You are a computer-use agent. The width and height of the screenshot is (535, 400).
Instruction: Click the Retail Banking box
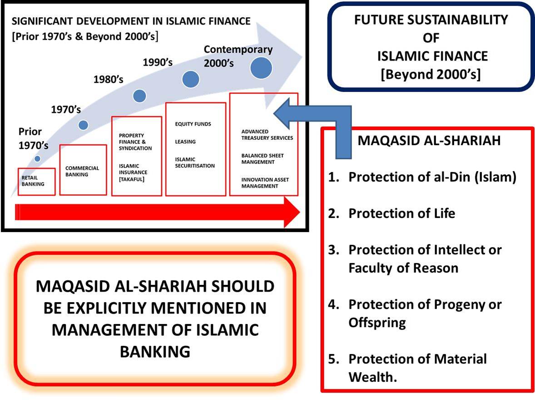[36, 182]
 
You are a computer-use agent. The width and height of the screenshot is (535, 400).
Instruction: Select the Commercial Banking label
[82, 171]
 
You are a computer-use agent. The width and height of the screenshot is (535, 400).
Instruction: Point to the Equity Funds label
[193, 124]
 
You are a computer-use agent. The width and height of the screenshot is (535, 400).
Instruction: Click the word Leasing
[185, 142]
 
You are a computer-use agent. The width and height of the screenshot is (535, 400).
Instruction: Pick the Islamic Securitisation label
[195, 162]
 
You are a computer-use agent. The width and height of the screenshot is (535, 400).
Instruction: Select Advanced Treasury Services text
[267, 135]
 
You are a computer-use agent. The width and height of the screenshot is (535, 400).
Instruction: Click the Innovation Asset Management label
[265, 183]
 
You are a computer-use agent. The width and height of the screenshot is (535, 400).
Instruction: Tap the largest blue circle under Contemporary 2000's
[261, 67]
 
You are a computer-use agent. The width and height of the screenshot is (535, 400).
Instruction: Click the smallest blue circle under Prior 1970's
[37, 159]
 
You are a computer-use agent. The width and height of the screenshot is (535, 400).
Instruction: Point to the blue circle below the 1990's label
[191, 80]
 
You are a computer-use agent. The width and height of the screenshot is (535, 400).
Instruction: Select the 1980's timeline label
[108, 79]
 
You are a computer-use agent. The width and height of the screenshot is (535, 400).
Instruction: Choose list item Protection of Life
[401, 213]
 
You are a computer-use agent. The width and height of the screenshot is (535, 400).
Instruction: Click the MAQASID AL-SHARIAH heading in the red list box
[429, 141]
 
